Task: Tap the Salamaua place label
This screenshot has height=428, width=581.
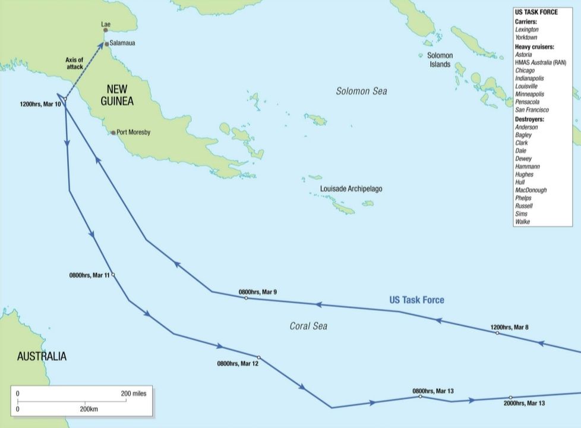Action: [123, 44]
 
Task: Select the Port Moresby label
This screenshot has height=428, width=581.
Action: [134, 132]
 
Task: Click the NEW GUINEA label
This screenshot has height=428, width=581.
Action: [116, 95]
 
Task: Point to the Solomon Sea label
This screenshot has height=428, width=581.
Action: [361, 91]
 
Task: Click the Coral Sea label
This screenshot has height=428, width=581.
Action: [308, 326]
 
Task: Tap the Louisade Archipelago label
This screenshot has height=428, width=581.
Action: [351, 188]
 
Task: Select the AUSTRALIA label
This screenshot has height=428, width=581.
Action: [42, 357]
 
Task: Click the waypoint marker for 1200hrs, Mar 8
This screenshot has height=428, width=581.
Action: [497, 333]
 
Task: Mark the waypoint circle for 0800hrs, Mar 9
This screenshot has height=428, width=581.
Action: [246, 298]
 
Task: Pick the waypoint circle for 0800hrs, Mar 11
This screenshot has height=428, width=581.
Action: [113, 275]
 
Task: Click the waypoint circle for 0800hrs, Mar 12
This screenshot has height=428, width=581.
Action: [258, 357]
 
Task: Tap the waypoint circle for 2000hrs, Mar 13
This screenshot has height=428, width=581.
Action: [510, 397]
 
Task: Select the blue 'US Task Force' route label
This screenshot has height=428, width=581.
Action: [416, 300]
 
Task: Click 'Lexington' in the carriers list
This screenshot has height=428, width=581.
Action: [528, 29]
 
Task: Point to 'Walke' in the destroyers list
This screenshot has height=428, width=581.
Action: [523, 222]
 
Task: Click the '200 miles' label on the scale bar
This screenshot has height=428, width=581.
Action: [133, 394]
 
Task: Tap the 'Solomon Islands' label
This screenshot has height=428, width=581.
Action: [440, 59]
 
